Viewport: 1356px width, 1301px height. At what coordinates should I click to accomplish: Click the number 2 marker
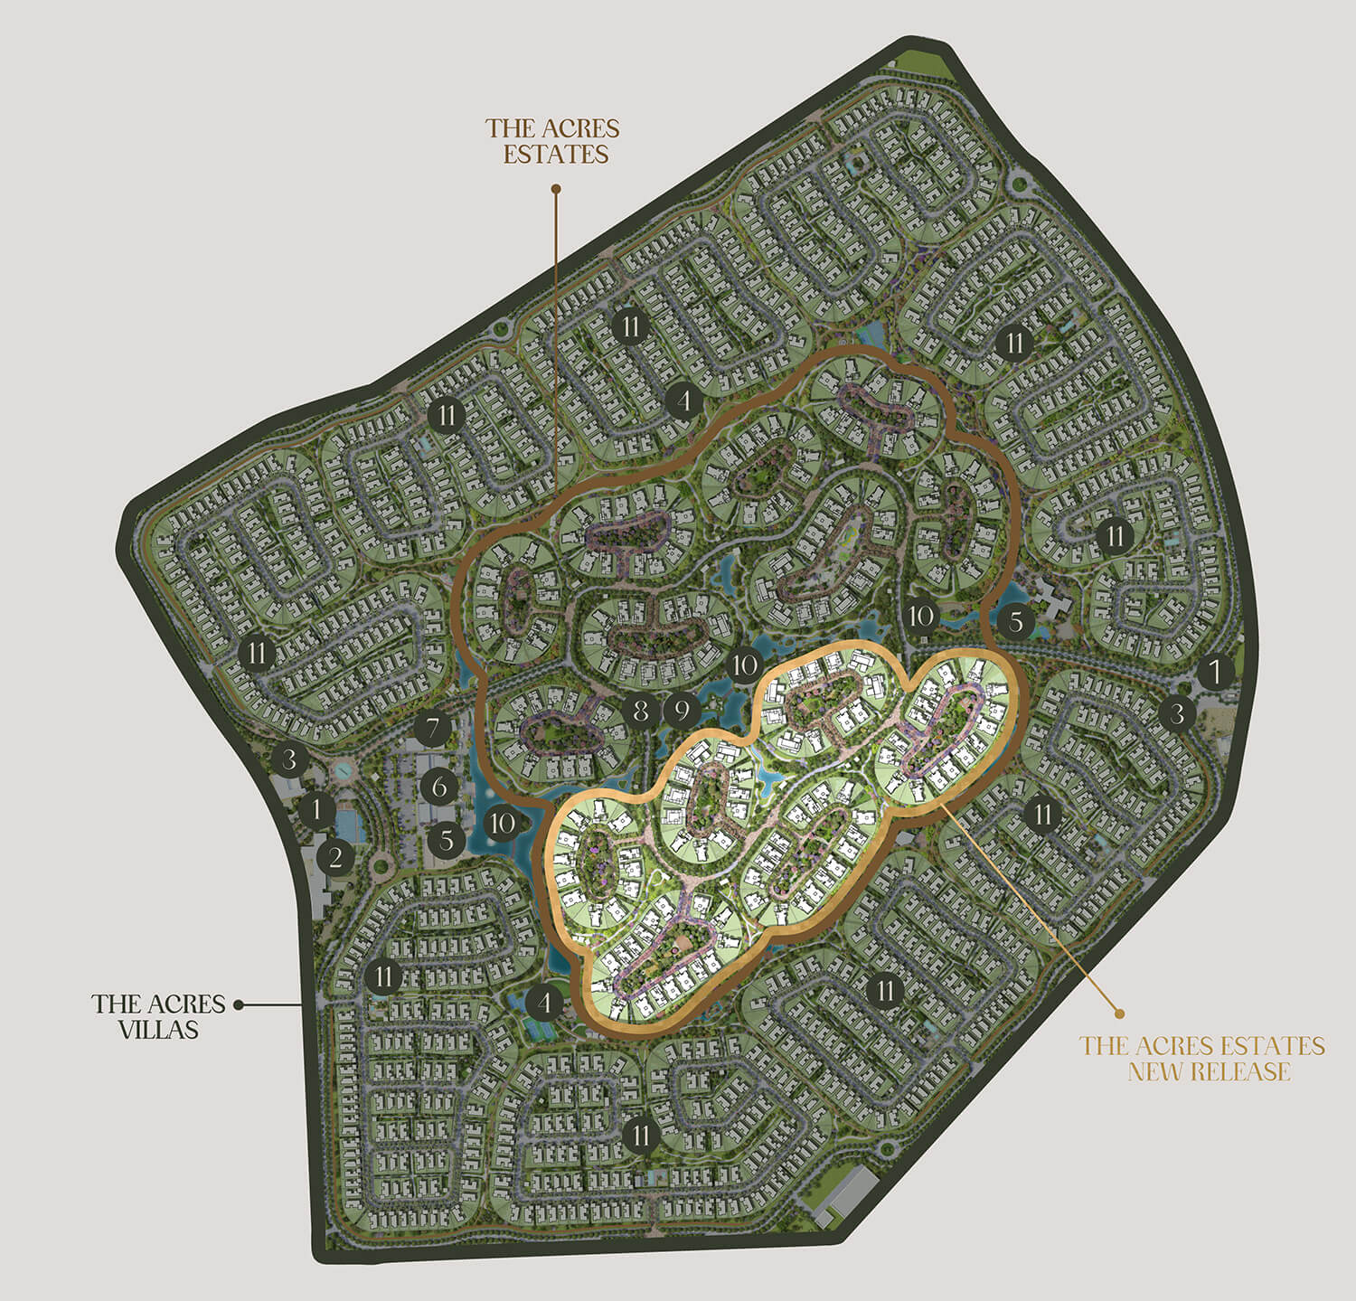[x=335, y=857]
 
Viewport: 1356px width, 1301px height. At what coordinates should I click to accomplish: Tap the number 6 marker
[x=439, y=786]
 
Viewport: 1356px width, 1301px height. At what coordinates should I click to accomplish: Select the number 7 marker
[x=434, y=728]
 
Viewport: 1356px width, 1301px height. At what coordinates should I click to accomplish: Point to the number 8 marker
[x=641, y=712]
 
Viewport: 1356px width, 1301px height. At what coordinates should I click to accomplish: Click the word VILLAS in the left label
[x=158, y=1029]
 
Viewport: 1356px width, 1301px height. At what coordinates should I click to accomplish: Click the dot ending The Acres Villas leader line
[x=239, y=1004]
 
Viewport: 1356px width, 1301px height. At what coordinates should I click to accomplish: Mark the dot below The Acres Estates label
[x=556, y=190]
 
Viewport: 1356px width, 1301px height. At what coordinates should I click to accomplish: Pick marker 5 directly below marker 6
[x=447, y=841]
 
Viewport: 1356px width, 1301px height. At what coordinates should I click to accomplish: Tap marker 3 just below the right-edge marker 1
[x=1177, y=714]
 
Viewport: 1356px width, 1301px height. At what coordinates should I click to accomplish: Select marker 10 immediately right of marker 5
[x=504, y=824]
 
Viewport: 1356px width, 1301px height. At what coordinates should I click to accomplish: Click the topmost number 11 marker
[x=630, y=325]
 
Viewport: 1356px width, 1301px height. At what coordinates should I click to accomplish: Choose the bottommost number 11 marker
[x=642, y=1135]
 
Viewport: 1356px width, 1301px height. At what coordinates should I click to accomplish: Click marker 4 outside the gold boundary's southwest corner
[x=544, y=1002]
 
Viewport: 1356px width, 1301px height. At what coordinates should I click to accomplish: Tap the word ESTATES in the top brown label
[x=555, y=154]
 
